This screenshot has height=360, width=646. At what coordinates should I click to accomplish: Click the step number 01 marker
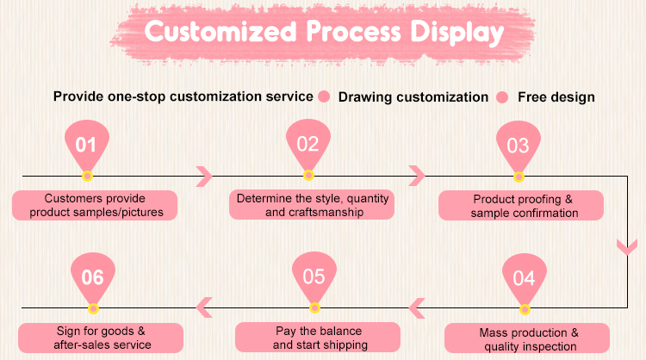click(x=86, y=145)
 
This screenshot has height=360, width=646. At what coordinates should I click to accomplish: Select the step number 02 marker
click(x=308, y=145)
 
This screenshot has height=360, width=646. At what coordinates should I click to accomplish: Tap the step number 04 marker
click(x=524, y=279)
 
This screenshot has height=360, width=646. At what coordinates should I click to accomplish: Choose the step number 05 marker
click(x=314, y=276)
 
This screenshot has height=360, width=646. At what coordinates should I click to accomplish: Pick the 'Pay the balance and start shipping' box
click(x=318, y=338)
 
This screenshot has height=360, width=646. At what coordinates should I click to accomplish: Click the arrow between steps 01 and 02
click(x=205, y=176)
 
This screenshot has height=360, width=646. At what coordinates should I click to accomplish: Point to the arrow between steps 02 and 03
click(x=418, y=176)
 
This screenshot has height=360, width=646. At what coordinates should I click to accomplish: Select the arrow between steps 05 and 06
click(x=204, y=306)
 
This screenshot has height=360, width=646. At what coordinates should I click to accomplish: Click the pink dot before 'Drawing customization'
click(x=325, y=96)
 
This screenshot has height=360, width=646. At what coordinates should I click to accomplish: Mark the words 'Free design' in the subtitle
click(x=556, y=96)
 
